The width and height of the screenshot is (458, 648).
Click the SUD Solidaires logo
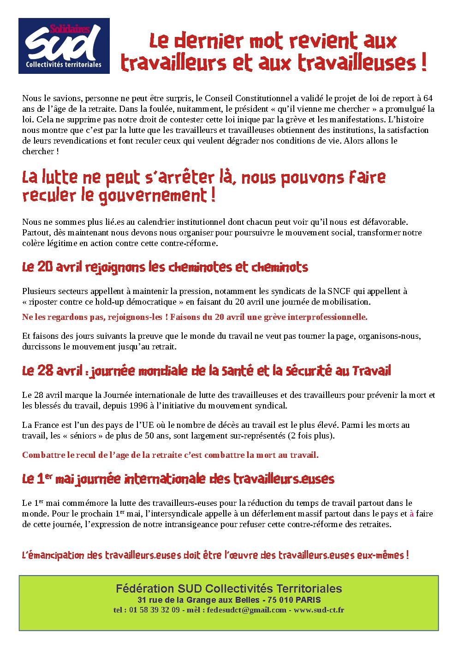tap(64, 46)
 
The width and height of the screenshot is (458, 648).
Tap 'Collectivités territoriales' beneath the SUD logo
tap(64, 65)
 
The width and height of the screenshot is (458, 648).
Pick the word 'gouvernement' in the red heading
tap(150, 196)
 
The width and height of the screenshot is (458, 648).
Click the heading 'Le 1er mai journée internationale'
tap(178, 479)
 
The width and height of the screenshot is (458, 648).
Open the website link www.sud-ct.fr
tap(319, 610)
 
